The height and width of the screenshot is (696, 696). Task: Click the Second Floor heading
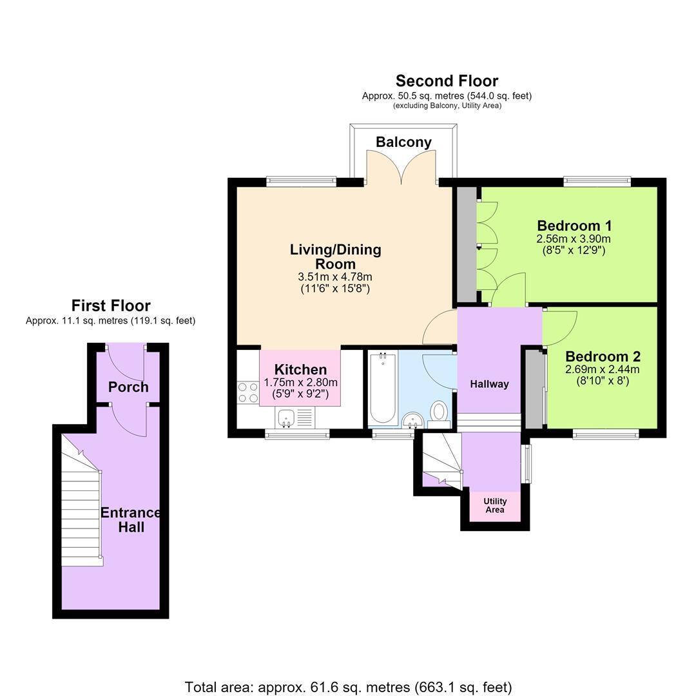click(447, 81)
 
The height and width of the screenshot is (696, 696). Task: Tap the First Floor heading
click(111, 305)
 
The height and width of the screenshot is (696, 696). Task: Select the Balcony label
click(403, 142)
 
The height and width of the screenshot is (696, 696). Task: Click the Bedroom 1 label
click(574, 226)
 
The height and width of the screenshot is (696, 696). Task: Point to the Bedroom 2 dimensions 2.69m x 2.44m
click(603, 369)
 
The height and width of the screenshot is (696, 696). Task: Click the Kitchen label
click(300, 369)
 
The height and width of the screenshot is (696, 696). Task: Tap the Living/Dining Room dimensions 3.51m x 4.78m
click(335, 277)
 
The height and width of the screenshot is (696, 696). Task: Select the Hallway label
click(489, 384)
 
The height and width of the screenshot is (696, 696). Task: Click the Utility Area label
click(495, 506)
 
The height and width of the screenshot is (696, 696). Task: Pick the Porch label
click(128, 387)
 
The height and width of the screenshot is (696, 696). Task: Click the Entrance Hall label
click(130, 520)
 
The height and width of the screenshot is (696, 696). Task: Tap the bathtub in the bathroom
click(383, 388)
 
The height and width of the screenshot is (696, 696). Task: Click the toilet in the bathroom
click(439, 414)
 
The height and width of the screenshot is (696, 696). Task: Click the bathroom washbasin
click(413, 420)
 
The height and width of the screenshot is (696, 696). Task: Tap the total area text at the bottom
click(348, 687)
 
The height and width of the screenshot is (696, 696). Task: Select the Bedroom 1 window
click(597, 181)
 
